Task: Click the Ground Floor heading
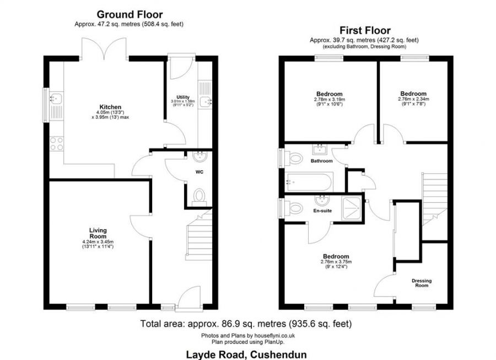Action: [x=130, y=15]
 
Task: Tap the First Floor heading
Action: [x=365, y=30]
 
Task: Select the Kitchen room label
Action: [x=110, y=107]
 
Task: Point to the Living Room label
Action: [x=98, y=233]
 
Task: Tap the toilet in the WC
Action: [x=199, y=195]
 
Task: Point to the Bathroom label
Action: [x=321, y=161]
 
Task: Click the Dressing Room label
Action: [x=422, y=283]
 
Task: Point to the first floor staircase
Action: [x=435, y=197]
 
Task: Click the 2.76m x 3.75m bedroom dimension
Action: [x=336, y=262]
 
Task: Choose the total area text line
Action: [x=246, y=324]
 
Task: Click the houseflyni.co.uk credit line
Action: [x=246, y=336]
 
